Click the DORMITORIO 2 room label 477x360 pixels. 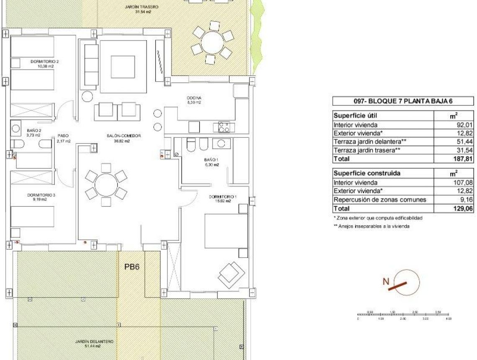point(45,62)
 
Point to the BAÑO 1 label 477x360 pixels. point(211,160)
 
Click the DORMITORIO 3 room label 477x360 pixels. point(41,195)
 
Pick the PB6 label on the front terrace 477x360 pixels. point(132,266)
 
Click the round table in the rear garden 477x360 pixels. point(212,42)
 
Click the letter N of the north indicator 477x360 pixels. point(386,282)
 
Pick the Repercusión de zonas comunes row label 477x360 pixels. point(380,200)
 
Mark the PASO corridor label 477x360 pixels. point(64,136)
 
